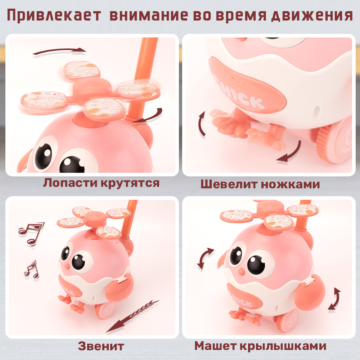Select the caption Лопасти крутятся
101,183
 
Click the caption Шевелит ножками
260,184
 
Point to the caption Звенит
101,346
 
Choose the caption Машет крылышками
260,346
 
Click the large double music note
31,232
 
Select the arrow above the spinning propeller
59,52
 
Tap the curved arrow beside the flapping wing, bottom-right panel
334,299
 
